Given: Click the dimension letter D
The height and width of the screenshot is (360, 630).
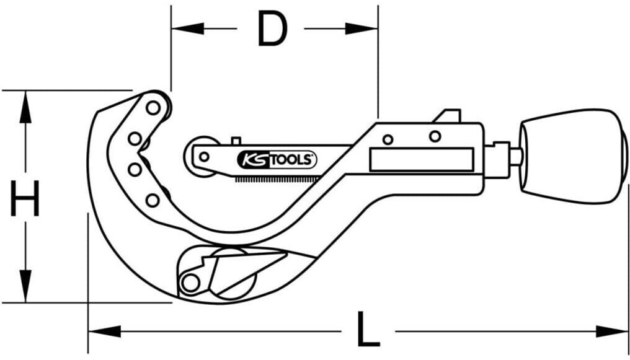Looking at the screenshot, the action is pyautogui.click(x=272, y=28).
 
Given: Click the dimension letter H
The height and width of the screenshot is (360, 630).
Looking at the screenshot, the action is pyautogui.click(x=25, y=198).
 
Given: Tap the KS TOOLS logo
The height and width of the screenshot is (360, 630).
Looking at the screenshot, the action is pyautogui.click(x=277, y=160).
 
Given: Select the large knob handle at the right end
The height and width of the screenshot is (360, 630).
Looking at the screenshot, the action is pyautogui.click(x=574, y=156).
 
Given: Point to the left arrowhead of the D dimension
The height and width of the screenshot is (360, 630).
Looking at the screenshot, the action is pyautogui.click(x=187, y=29).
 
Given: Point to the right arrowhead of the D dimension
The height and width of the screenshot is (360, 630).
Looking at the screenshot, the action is pyautogui.click(x=362, y=29).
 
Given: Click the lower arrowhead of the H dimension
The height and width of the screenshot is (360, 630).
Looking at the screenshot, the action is pyautogui.click(x=25, y=286).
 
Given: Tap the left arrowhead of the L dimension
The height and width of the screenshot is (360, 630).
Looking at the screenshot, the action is pyautogui.click(x=104, y=331).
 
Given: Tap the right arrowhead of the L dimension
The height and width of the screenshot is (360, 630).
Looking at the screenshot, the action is pyautogui.click(x=611, y=331).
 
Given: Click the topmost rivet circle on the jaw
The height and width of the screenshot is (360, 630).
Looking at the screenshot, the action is pyautogui.click(x=153, y=108).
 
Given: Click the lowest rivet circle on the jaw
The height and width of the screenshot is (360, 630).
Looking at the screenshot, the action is pyautogui.click(x=153, y=200).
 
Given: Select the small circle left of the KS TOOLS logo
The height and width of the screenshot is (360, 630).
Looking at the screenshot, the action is pyautogui.click(x=204, y=157).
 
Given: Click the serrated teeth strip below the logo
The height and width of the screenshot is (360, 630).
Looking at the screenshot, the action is pyautogui.click(x=277, y=178).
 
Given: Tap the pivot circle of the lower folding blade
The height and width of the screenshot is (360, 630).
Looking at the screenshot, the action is pyautogui.click(x=189, y=283).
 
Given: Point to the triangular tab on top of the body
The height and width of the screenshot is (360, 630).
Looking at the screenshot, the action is pyautogui.click(x=446, y=116).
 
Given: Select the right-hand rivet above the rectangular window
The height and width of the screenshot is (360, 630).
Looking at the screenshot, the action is pyautogui.click(x=435, y=136).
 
